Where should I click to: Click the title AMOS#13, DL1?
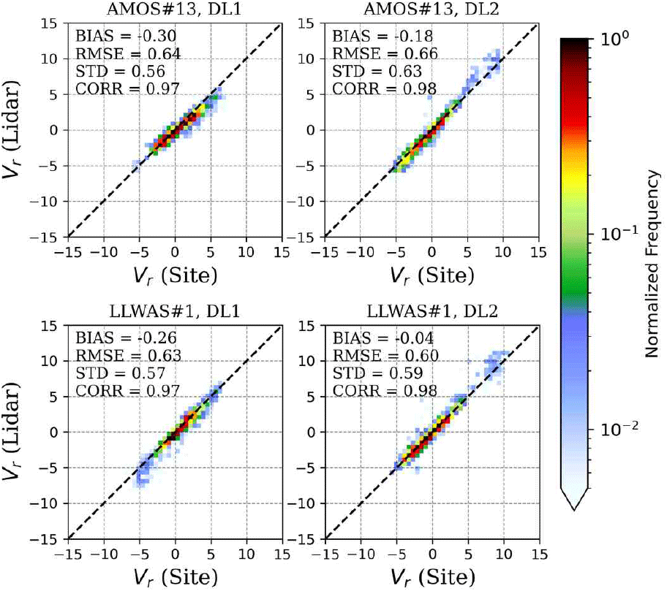175,9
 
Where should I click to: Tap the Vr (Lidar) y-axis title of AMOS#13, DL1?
20,130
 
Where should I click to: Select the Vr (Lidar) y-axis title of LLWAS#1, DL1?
20,432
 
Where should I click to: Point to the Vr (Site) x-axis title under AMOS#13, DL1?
175,275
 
